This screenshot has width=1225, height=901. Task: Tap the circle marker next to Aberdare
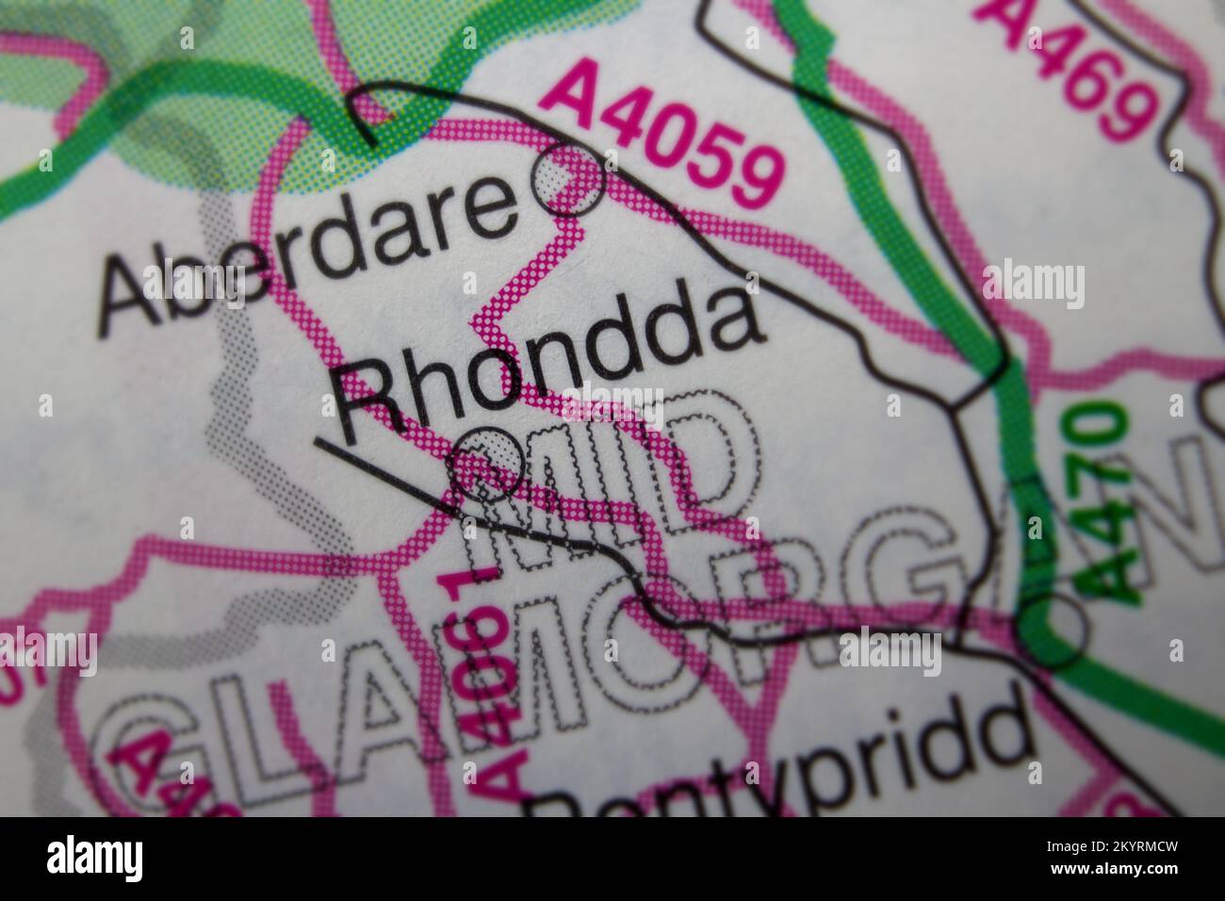coord(569,183)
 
